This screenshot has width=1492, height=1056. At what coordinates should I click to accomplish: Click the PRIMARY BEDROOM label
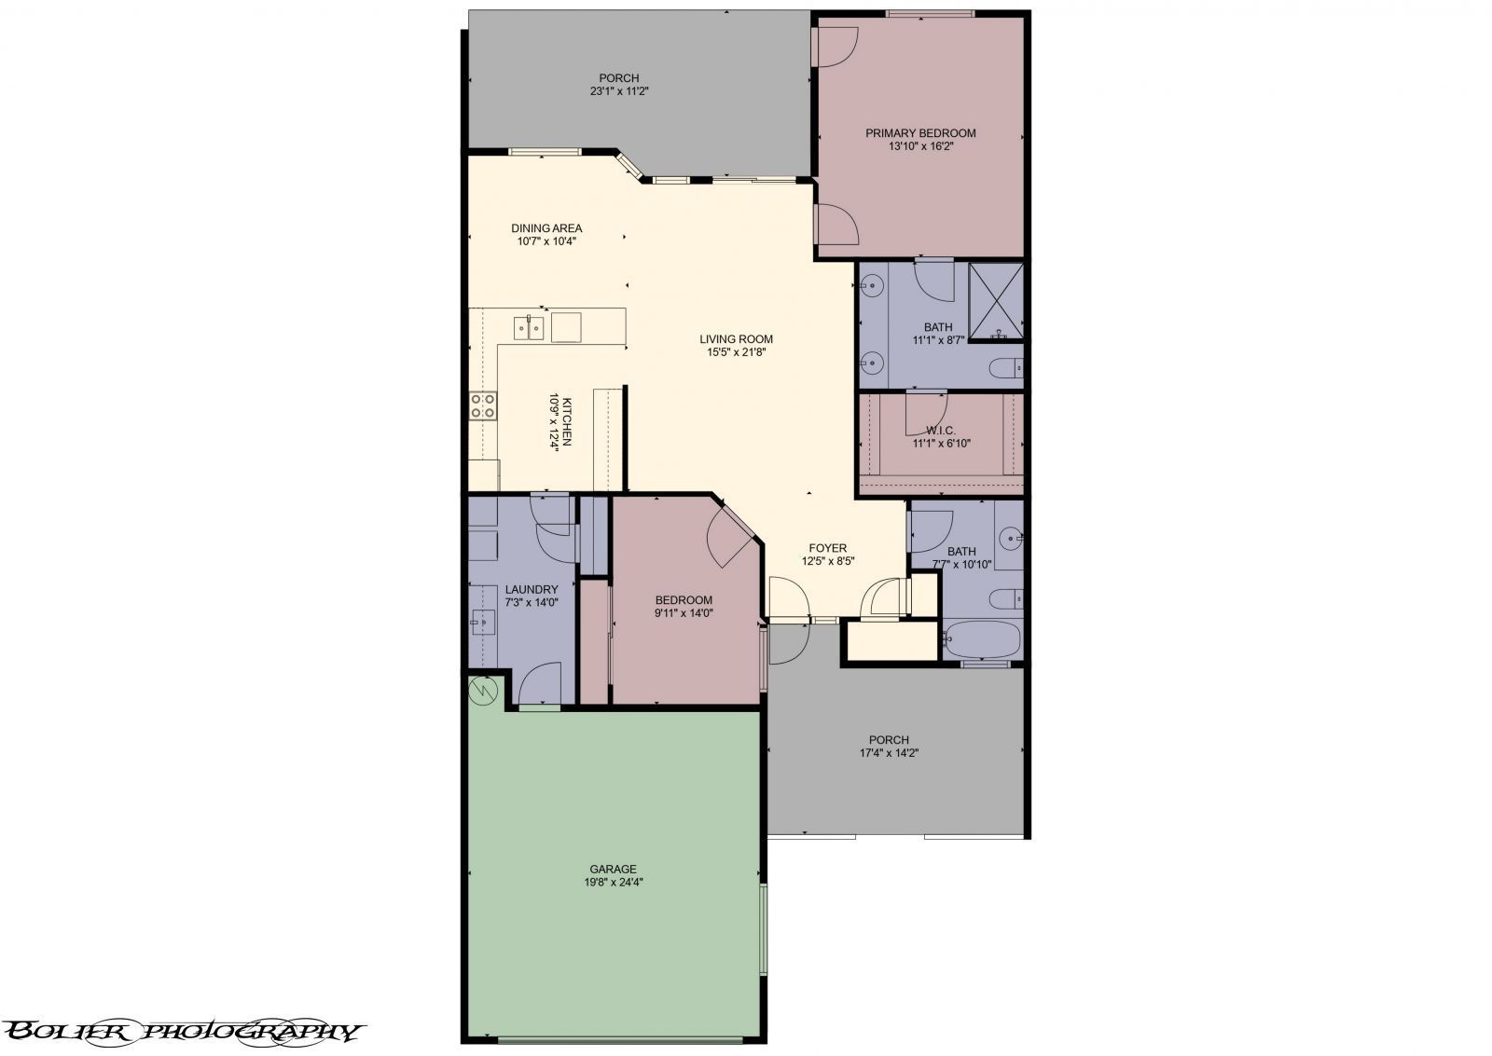920,133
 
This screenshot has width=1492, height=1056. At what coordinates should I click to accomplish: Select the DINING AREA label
546,228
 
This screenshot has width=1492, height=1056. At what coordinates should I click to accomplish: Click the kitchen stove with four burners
483,405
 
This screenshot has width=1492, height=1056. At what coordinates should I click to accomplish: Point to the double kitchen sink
529,328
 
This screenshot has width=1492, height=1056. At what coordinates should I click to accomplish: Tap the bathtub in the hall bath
981,640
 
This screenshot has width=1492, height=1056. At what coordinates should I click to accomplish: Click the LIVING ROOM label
737,339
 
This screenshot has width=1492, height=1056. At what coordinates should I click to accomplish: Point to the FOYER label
828,548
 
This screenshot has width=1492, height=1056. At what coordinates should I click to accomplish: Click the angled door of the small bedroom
730,538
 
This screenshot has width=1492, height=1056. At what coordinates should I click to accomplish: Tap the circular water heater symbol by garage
484,691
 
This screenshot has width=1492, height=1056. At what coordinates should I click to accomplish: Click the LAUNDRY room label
532,589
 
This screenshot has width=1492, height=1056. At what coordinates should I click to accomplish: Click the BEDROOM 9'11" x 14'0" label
684,600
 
